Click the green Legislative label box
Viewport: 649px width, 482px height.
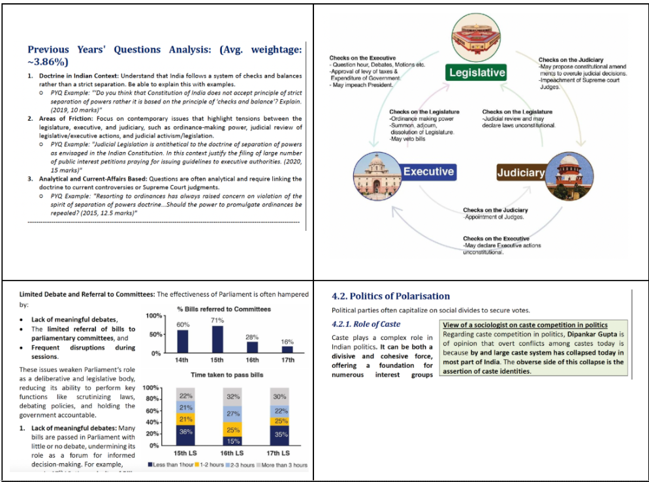click(477, 72)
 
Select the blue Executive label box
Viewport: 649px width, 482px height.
click(428, 172)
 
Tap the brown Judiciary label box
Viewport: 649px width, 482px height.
click(520, 172)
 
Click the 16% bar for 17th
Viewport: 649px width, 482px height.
click(287, 350)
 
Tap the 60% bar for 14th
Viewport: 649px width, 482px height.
click(183, 341)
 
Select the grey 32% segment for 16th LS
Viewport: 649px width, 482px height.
click(233, 396)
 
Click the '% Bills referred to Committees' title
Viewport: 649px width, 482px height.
click(223, 309)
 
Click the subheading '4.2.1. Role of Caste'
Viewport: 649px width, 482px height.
click(366, 324)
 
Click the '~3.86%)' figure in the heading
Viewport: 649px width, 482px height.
click(48, 62)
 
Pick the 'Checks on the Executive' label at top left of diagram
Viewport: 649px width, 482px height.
click(362, 58)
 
